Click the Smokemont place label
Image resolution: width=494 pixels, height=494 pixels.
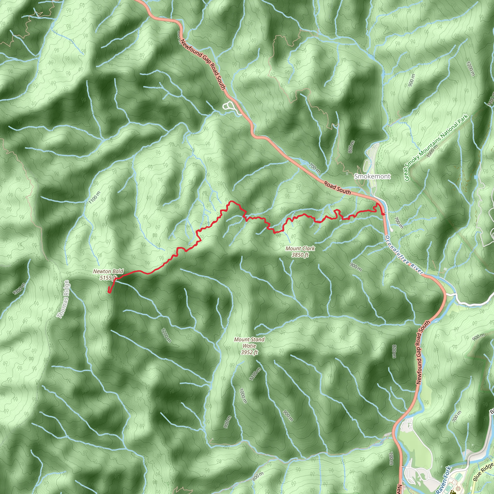coord(372,176)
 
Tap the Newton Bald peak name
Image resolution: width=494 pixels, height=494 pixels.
coord(108,271)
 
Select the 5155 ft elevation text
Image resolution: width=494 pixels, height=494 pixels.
coord(108,278)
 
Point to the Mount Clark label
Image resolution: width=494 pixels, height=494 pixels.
coord(300,248)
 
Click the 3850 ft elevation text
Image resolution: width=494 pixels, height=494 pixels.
coord(300,255)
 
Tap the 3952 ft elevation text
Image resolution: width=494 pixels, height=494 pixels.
coord(249,352)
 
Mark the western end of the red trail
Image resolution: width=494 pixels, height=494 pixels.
coord(109,292)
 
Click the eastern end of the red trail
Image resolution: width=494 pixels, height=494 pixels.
coord(383,214)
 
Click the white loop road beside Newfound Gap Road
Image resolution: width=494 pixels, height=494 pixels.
coord(229,106)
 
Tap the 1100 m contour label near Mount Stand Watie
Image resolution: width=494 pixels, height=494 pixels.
coord(255,374)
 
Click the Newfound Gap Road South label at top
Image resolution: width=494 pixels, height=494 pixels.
coord(203,64)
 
